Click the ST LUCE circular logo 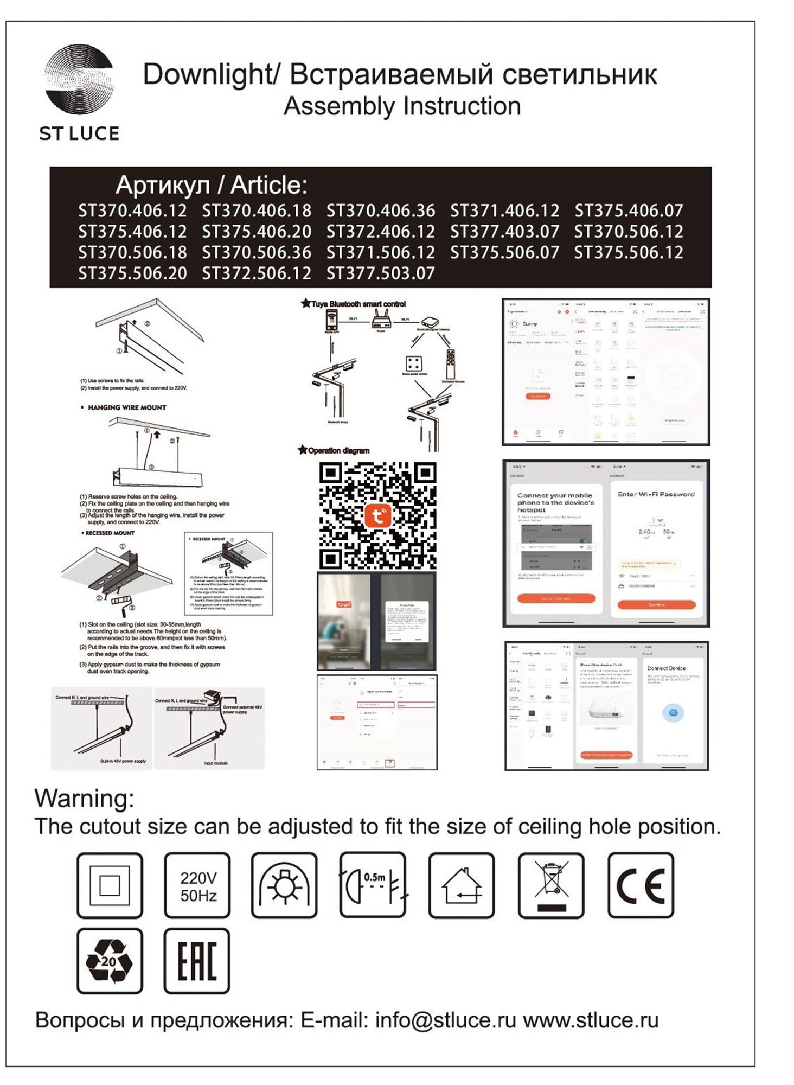tap(79, 80)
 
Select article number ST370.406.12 tap(132, 210)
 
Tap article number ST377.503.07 tap(380, 273)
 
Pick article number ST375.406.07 tap(629, 210)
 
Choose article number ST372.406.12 tap(380, 232)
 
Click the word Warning tap(84, 799)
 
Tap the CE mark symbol tap(641, 885)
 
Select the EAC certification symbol tap(197, 961)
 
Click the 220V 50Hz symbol tap(197, 885)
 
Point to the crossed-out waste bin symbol tap(551, 885)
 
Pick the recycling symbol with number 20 tap(110, 961)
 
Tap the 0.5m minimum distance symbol tap(373, 885)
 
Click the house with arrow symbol tap(461, 885)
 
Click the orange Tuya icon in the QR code tap(377, 515)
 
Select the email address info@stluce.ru tap(445, 1020)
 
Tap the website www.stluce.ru tap(591, 1020)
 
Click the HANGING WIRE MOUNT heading tap(126, 407)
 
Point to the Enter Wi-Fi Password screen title tap(656, 494)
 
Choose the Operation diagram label tap(338, 450)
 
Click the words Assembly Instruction tap(402, 106)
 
